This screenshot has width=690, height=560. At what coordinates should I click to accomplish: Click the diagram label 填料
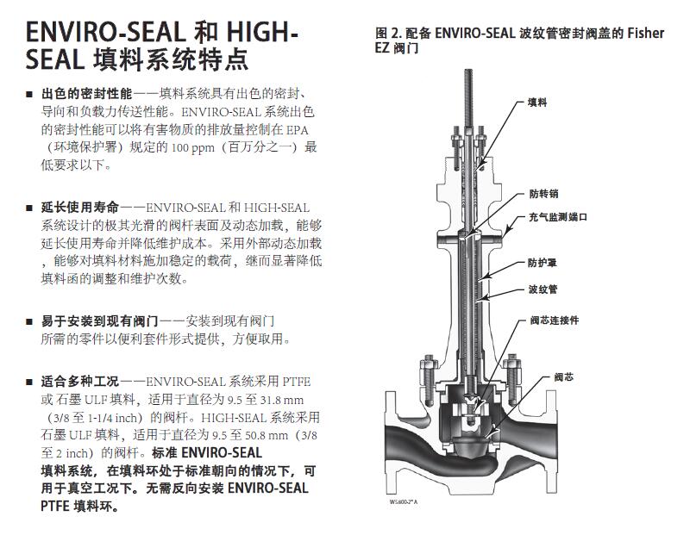pyautogui.click(x=537, y=103)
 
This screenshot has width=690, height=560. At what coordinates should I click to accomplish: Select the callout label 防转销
pyautogui.click(x=544, y=194)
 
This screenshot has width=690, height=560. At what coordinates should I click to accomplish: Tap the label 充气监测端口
pyautogui.click(x=558, y=217)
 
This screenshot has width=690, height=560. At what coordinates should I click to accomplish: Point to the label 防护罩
pyautogui.click(x=543, y=263)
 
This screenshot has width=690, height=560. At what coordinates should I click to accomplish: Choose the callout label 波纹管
pyautogui.click(x=543, y=289)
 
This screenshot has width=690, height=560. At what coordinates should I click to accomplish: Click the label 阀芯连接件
pyautogui.click(x=555, y=320)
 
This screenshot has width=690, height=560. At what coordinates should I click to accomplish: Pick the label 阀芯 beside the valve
pyautogui.click(x=564, y=377)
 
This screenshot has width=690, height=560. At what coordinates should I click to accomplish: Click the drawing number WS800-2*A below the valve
pyautogui.click(x=404, y=502)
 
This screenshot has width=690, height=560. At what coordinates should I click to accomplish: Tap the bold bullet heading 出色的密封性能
pyautogui.click(x=87, y=94)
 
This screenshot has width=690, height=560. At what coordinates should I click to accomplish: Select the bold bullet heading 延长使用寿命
pyautogui.click(x=80, y=207)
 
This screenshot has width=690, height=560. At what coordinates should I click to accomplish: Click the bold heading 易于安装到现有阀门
pyautogui.click(x=99, y=320)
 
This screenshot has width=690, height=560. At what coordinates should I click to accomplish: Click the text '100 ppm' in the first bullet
pyautogui.click(x=192, y=147)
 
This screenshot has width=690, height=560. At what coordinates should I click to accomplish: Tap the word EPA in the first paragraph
pyautogui.click(x=298, y=130)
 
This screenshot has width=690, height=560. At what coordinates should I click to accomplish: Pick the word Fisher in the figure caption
pyautogui.click(x=645, y=33)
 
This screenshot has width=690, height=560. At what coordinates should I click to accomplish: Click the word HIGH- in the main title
pyautogui.click(x=262, y=32)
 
